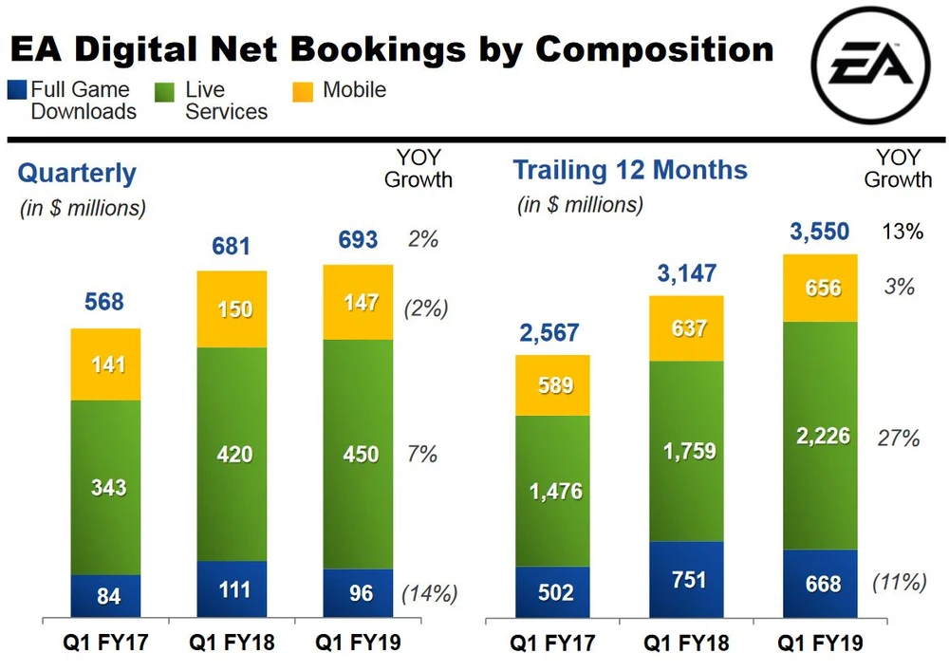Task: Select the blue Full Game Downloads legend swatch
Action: point(16,91)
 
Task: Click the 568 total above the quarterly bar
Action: point(104,302)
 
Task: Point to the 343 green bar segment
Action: point(105,487)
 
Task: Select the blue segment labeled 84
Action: point(105,597)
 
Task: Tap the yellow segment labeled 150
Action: point(232,309)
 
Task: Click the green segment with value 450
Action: point(358,455)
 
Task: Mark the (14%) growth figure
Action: point(430,594)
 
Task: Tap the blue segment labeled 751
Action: point(687,580)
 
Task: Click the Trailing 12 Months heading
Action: point(630,171)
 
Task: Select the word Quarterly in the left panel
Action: point(77,174)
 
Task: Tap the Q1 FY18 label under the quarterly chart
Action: point(232,644)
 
